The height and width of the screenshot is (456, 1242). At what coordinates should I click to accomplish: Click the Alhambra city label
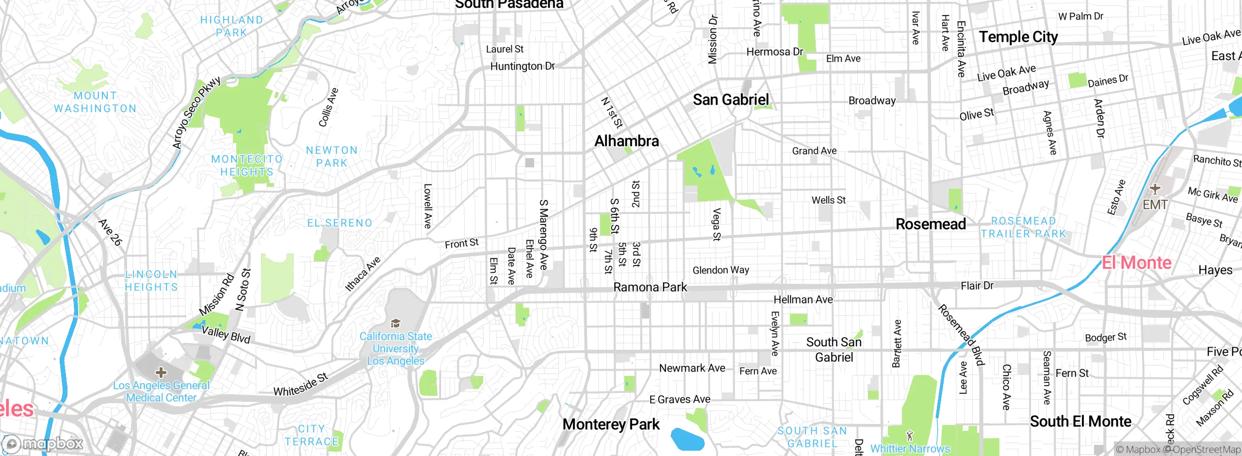(626, 141)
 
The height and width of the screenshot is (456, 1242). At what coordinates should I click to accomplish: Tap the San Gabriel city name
(731, 100)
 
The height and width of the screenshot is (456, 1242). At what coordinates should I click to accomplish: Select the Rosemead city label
(931, 224)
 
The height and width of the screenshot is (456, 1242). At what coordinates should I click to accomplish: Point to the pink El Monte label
(1136, 262)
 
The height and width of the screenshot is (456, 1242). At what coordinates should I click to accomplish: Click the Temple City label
(1018, 37)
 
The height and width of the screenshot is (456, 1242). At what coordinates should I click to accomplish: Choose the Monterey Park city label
(611, 424)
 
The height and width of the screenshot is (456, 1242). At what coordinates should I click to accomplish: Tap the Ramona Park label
(650, 287)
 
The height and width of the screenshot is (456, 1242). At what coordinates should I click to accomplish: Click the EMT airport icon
(1155, 189)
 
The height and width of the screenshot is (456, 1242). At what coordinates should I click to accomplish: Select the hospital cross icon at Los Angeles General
(161, 373)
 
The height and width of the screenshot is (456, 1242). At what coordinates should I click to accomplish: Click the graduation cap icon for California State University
(395, 324)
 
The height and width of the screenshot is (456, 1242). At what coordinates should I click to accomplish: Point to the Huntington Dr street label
(522, 66)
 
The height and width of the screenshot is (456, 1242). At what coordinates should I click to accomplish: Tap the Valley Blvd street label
(226, 334)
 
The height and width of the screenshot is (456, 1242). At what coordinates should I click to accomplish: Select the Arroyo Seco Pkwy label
(196, 113)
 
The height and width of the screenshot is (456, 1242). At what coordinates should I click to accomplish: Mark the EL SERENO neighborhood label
(340, 223)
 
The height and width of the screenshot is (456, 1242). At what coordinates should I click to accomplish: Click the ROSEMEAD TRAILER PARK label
(1023, 228)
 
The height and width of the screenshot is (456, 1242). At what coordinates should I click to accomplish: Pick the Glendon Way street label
(720, 270)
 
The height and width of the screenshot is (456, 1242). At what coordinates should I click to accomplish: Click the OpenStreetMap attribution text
(1205, 450)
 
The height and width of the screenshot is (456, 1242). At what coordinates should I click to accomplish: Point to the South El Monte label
(1080, 422)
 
